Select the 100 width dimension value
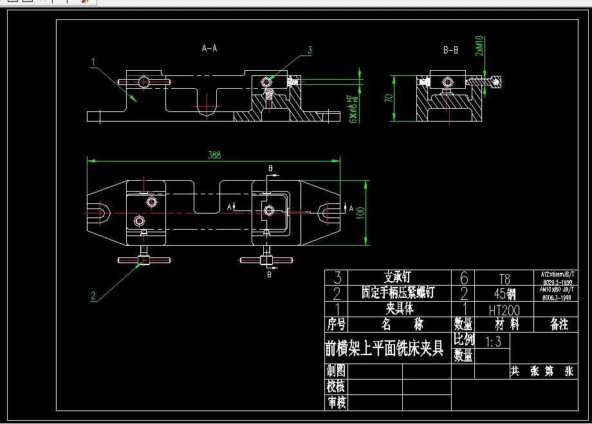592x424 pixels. point(360,212)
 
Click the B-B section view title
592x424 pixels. point(450,50)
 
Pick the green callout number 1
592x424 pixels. point(93,62)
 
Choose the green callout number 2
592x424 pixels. point(93,296)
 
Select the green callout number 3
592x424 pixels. point(310,50)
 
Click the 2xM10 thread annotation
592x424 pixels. point(480,46)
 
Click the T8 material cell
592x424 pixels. point(504,279)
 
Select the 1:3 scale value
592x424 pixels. point(494,342)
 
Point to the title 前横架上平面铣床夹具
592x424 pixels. point(384,348)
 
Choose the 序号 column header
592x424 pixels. point(336,324)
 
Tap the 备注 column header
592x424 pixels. point(559,324)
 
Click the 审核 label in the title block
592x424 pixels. point(336,403)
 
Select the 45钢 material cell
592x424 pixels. point(504,293)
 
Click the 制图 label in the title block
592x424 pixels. point(336,371)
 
